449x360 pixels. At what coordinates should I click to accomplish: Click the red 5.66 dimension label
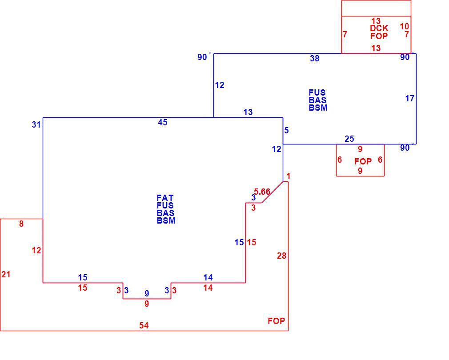tap(262, 192)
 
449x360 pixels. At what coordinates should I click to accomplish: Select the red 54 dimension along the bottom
tap(144, 325)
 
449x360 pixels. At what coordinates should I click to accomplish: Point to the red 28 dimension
tap(281, 256)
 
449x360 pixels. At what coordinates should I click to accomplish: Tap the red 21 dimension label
tap(6, 274)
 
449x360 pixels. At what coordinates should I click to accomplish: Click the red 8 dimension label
tap(21, 224)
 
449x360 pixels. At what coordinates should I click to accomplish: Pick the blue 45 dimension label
tap(162, 123)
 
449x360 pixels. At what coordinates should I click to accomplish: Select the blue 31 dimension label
tap(36, 125)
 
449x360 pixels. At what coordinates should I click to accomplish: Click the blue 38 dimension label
tap(314, 58)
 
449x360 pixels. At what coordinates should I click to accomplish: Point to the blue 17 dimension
tap(410, 98)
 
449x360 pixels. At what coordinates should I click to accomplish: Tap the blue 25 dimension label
tap(349, 139)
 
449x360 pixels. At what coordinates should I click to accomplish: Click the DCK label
tap(379, 28)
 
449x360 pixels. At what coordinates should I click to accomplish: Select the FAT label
tap(165, 198)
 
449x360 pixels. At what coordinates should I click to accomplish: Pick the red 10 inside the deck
tap(405, 26)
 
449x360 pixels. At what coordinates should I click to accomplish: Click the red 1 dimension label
tap(289, 176)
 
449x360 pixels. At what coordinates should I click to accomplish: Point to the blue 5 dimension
tap(286, 131)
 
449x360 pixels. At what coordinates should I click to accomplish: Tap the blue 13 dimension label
tap(248, 112)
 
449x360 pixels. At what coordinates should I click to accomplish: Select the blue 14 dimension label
tap(208, 277)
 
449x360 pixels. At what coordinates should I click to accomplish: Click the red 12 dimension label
tap(36, 251)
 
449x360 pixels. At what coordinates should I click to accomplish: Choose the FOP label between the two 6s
tap(363, 161)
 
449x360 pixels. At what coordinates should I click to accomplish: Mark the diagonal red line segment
tap(273, 192)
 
